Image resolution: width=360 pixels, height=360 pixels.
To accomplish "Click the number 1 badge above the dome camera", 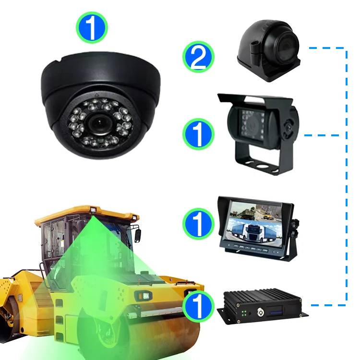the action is pyautogui.click(x=92, y=27).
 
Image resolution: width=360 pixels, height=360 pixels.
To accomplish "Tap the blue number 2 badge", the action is pyautogui.click(x=198, y=57).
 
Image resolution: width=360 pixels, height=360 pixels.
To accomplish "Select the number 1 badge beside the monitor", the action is pyautogui.click(x=198, y=224).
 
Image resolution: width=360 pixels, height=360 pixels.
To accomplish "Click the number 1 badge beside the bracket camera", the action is pyautogui.click(x=198, y=134).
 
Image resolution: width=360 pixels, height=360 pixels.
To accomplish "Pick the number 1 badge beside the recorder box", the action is pyautogui.click(x=198, y=307).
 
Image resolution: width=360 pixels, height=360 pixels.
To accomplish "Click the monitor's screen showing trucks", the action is pyautogui.click(x=255, y=223).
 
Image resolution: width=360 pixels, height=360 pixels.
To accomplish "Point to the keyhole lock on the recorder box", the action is pyautogui.click(x=261, y=312).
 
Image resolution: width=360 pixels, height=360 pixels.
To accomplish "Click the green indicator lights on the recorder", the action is pyautogui.click(x=244, y=313).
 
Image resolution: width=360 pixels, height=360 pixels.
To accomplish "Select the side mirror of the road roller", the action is pyautogui.click(x=138, y=236).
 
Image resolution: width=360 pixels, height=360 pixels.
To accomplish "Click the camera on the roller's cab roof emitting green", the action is pyautogui.click(x=93, y=210).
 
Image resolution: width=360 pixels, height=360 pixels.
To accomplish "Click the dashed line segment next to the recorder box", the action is pyautogui.click(x=328, y=305).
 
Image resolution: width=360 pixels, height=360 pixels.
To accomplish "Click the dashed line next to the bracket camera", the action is pyautogui.click(x=322, y=135).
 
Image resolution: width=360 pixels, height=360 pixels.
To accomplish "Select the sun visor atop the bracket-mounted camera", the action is pyautogui.click(x=255, y=99).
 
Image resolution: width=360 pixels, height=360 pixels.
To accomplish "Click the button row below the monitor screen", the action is pyautogui.click(x=250, y=249).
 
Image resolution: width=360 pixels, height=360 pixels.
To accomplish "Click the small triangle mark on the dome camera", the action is pyautogui.click(x=96, y=94).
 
